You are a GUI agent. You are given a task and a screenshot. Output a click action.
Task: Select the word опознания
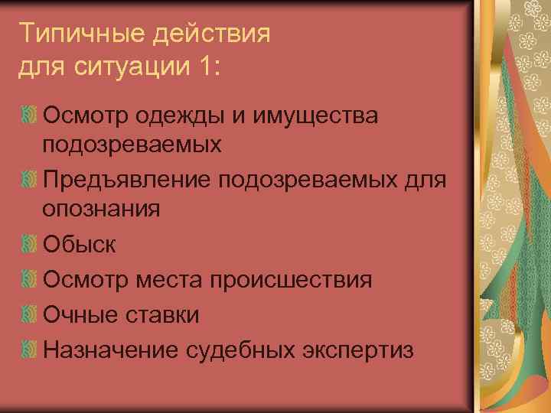coord(102,209)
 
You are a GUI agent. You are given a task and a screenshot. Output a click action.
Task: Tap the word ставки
coord(161,314)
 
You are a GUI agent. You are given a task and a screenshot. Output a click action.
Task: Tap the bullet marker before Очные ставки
coord(29,314)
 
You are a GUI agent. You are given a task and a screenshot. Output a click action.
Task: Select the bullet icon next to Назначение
coord(29,350)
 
